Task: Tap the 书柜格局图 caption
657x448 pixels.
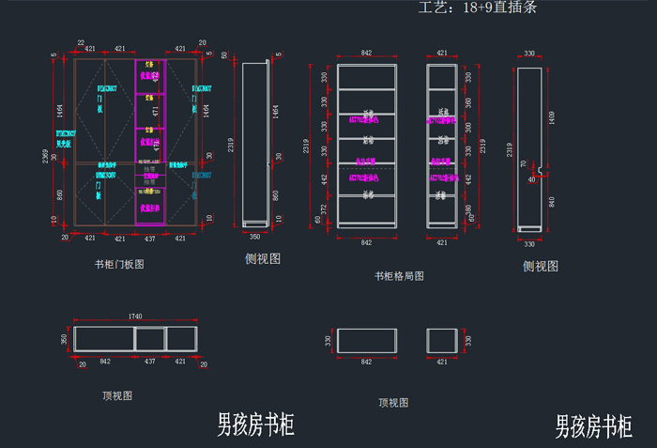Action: click(399, 276)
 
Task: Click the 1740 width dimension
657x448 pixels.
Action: click(136, 317)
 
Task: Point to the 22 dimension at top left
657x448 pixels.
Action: click(81, 43)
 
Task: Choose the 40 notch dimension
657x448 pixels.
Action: click(531, 178)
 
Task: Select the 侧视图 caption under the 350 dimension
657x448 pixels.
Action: click(263, 258)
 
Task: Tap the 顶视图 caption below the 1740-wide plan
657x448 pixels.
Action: click(117, 396)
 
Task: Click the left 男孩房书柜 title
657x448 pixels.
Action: click(255, 425)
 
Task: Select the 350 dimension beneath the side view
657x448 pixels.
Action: click(254, 237)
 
